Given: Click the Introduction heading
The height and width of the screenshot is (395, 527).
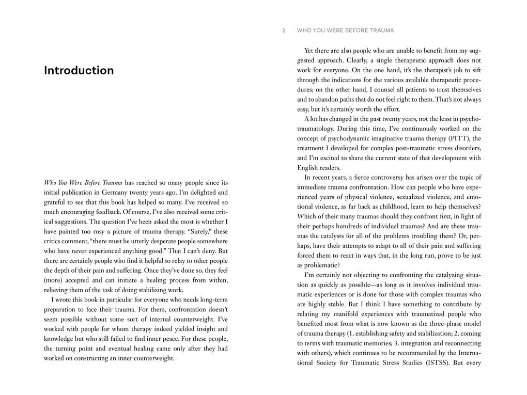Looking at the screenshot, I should click(79, 70).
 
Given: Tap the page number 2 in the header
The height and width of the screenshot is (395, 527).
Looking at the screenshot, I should click(284, 30).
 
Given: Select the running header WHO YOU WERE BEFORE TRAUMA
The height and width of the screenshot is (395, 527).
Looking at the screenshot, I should click(345, 30).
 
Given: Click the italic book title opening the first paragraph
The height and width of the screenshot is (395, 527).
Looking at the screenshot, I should click(83, 183).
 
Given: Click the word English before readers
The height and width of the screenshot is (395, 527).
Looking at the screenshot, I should click(308, 167).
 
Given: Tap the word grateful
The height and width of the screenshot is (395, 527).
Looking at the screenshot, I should click(56, 202).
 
